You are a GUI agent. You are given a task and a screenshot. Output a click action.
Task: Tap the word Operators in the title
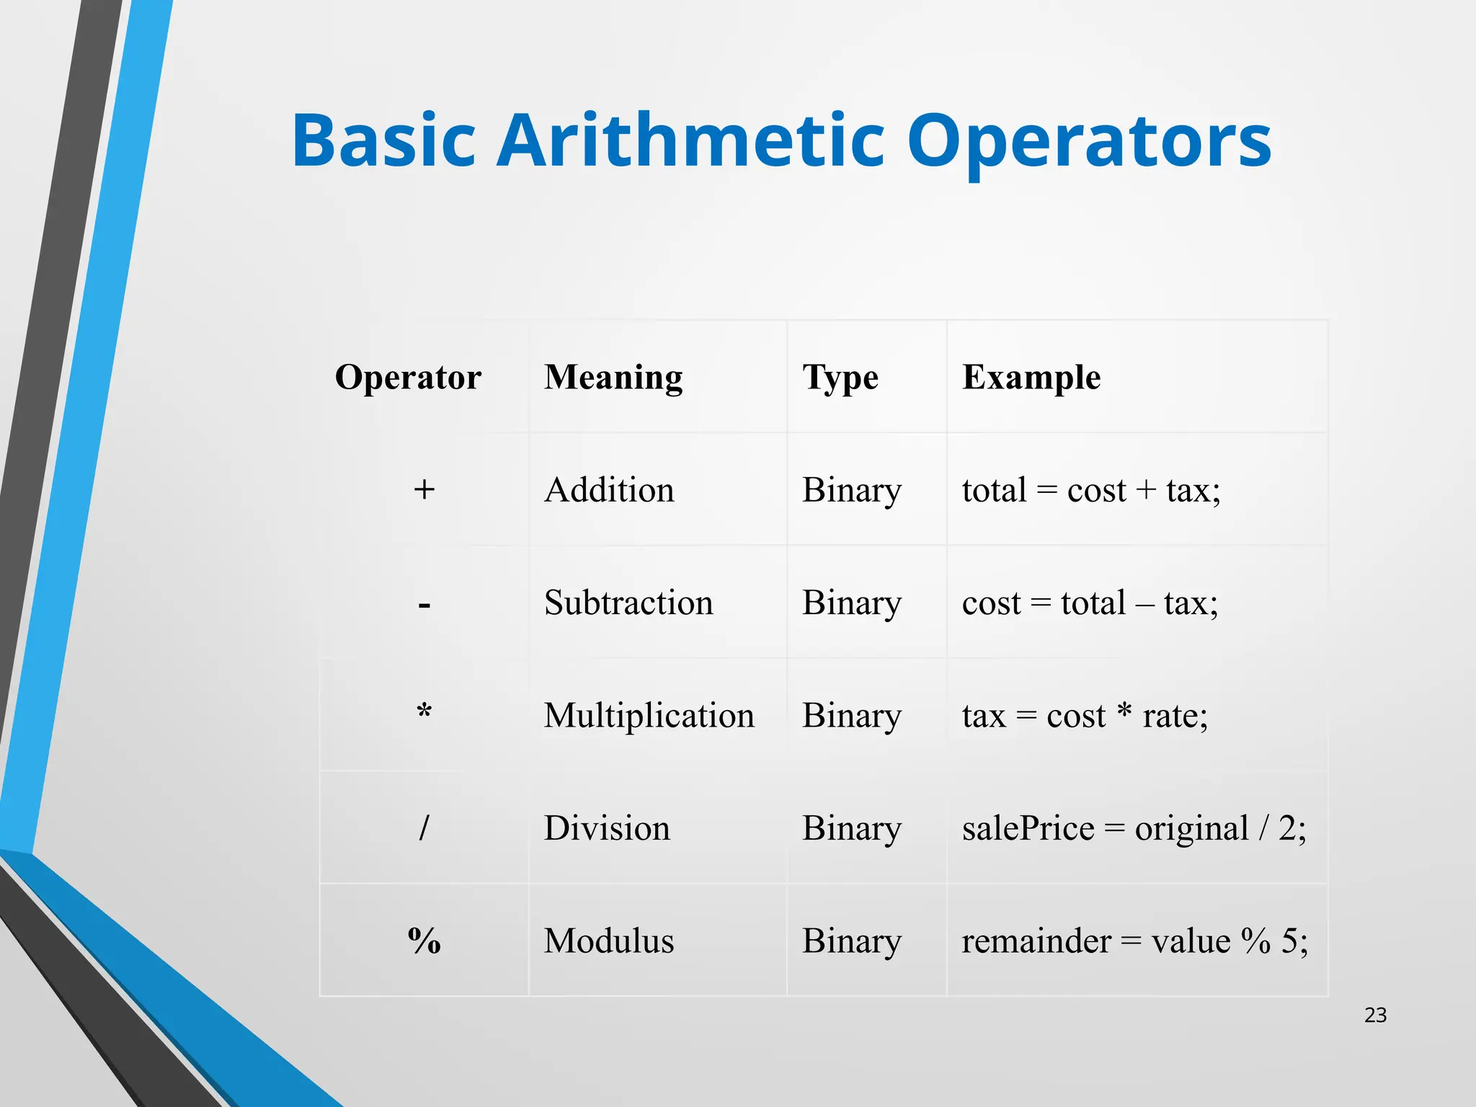tap(1089, 143)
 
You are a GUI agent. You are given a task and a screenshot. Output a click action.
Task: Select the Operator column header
tap(408, 377)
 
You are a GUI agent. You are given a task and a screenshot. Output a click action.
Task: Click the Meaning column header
tap(613, 377)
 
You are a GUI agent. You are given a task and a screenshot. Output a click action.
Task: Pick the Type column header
tap(840, 378)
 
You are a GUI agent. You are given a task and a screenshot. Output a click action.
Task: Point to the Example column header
tap(1031, 377)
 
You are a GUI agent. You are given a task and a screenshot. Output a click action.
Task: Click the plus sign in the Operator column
tap(424, 490)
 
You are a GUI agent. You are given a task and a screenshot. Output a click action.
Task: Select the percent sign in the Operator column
tap(424, 941)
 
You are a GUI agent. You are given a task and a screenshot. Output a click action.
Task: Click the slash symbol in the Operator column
tap(424, 827)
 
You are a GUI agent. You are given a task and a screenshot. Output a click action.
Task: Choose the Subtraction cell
tap(628, 603)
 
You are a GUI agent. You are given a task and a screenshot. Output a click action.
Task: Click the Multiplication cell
tap(649, 716)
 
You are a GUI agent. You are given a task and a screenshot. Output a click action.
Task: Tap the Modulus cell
tap(608, 941)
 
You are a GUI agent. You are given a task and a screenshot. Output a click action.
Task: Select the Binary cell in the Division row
tap(852, 828)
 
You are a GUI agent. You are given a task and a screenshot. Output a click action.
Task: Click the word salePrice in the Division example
tap(1028, 828)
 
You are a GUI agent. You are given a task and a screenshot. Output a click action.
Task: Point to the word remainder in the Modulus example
tap(1036, 941)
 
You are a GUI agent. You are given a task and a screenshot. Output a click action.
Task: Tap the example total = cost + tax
tap(1091, 490)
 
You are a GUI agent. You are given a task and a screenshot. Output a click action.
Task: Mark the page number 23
tap(1375, 1015)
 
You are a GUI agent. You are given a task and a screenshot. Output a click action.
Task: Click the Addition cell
tap(608, 490)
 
